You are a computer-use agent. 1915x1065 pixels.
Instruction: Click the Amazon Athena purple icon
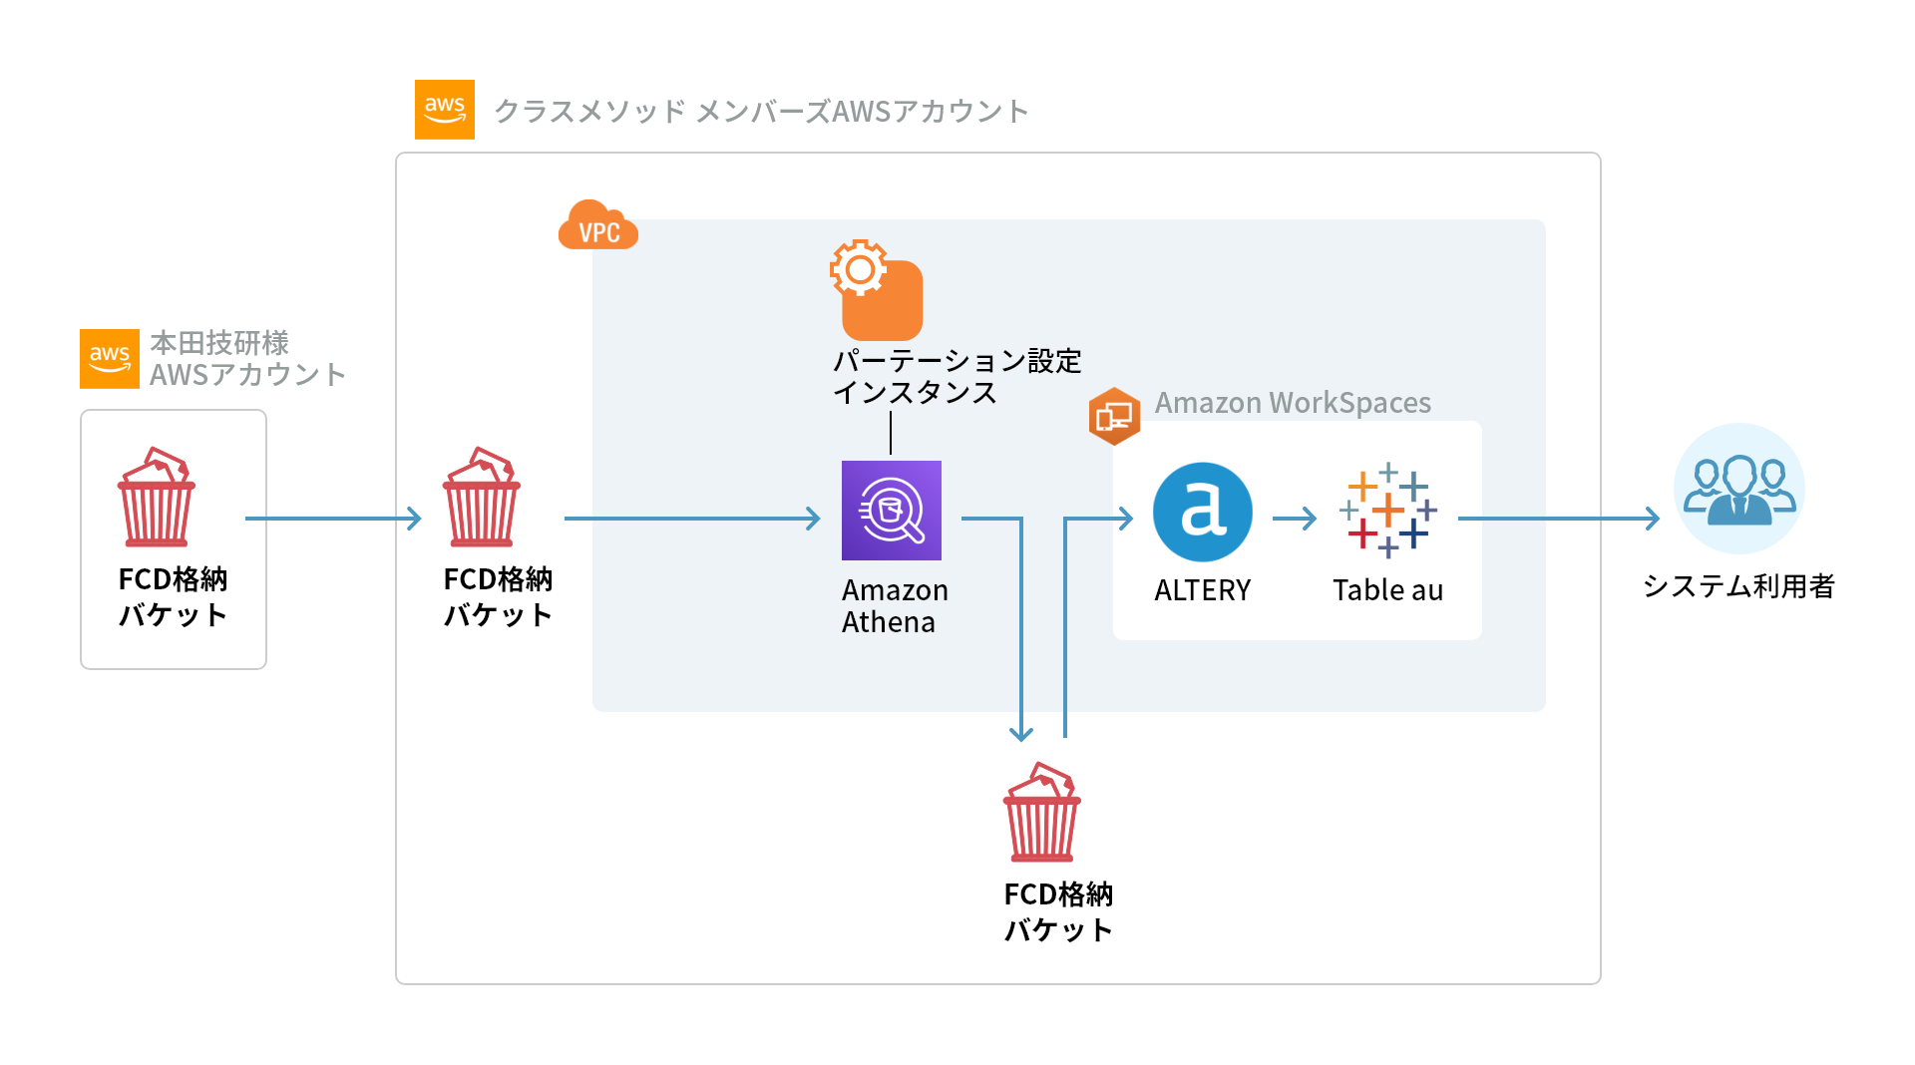click(891, 511)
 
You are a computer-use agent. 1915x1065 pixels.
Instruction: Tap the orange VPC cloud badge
click(597, 226)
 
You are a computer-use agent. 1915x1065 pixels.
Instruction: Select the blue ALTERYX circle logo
click(1202, 512)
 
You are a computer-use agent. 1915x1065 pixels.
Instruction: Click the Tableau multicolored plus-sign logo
click(1387, 511)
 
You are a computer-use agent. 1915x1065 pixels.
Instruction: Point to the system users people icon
click(1738, 489)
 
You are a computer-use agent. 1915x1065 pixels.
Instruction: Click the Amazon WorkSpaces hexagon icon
click(1114, 416)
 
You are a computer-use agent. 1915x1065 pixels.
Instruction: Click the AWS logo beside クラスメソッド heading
click(444, 110)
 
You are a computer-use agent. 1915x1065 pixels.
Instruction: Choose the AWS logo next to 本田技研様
click(110, 358)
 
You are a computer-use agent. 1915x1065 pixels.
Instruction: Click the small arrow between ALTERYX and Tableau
click(1295, 519)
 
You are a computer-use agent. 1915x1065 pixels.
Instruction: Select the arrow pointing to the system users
click(1558, 519)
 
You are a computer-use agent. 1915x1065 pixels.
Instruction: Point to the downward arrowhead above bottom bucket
click(1020, 733)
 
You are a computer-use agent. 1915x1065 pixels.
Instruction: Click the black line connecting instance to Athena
click(891, 433)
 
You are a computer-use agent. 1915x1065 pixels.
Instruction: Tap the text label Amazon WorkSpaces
click(1293, 403)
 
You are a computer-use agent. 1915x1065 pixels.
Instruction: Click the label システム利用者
click(1738, 586)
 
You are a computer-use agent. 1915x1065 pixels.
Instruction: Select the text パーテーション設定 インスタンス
click(956, 376)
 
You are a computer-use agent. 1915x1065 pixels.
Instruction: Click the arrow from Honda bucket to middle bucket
click(332, 519)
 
